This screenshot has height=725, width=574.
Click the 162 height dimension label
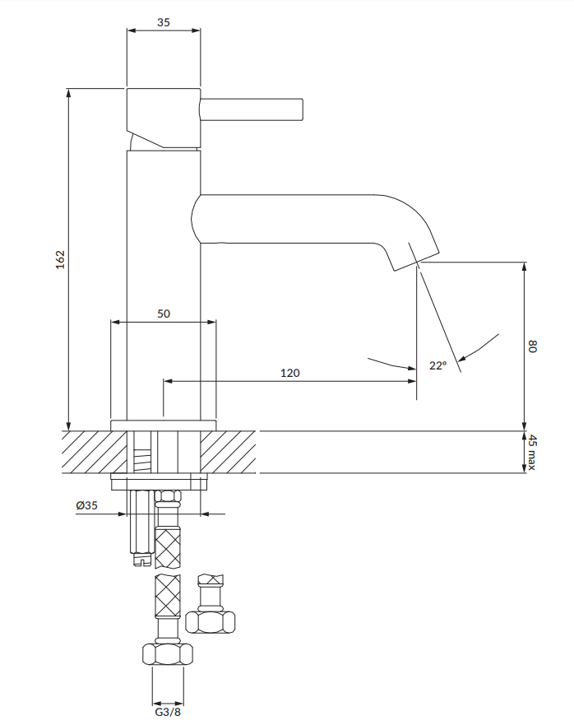[x=59, y=258]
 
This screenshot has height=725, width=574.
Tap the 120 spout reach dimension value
[x=290, y=373]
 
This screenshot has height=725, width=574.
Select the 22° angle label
[x=437, y=365]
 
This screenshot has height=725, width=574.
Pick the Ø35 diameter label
[x=86, y=506]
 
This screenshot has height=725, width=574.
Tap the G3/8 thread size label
[x=168, y=713]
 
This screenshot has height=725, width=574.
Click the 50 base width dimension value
[x=164, y=314]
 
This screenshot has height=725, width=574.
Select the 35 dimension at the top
[x=163, y=22]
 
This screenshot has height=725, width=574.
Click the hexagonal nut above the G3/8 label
[x=168, y=655]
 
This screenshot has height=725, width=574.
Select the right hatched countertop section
[x=229, y=452]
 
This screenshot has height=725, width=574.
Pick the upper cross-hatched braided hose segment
[x=169, y=547]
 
